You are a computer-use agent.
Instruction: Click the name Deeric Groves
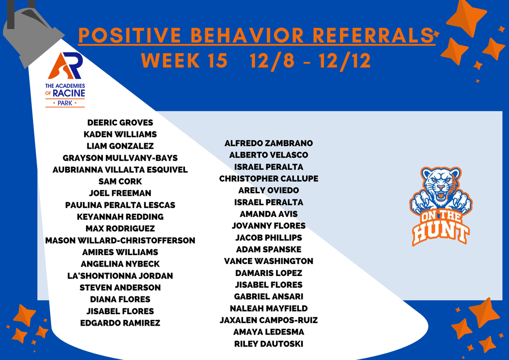coord(120,122)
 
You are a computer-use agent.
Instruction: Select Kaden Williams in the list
coord(120,134)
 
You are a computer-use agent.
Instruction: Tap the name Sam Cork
coord(120,181)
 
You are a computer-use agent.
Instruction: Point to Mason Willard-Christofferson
coord(120,240)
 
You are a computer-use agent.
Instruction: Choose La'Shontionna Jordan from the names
coord(120,275)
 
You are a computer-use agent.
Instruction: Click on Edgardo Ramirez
coord(120,323)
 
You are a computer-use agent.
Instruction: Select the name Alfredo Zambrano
coord(268,143)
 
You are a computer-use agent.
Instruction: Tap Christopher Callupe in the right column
coord(268,179)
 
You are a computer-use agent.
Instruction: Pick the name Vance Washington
coord(268,261)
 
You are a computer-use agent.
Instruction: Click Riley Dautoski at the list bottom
coord(268,344)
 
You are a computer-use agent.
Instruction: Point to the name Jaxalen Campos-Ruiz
coord(268,320)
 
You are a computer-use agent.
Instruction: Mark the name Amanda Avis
coord(268,214)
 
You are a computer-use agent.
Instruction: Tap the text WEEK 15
coord(184,60)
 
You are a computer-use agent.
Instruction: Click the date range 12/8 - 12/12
coord(310,60)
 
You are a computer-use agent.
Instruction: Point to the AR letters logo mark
coord(65,65)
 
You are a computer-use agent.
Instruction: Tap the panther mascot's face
coord(440,185)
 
